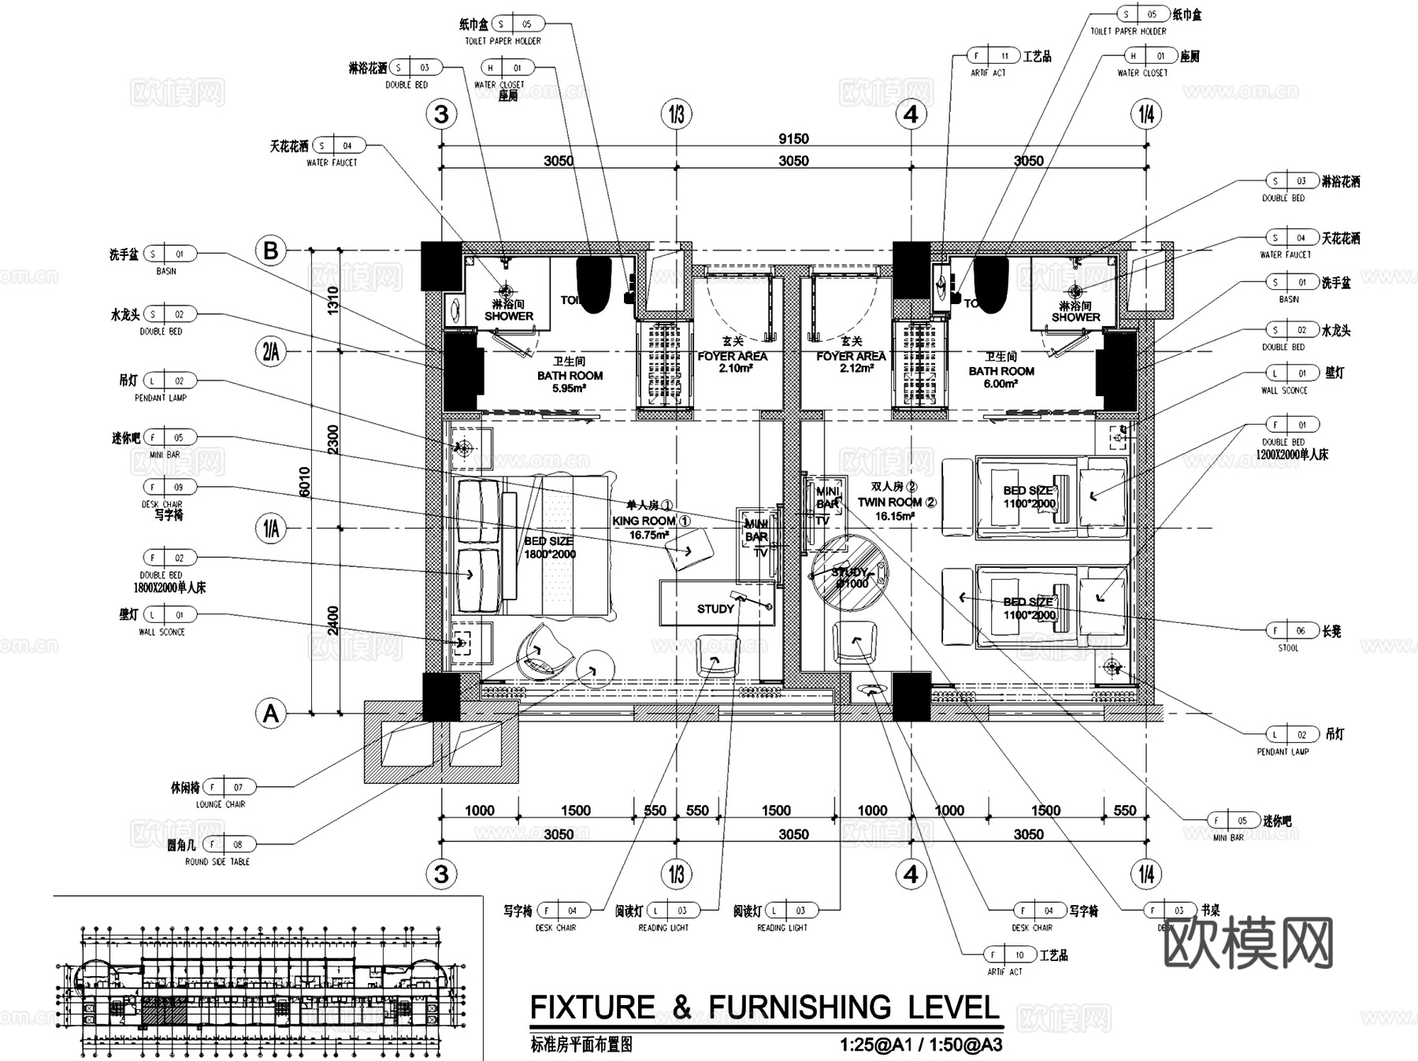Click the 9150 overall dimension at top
(x=793, y=139)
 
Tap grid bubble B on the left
(x=271, y=250)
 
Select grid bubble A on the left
(x=271, y=714)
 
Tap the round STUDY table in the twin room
(x=849, y=573)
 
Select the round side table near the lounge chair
(x=595, y=670)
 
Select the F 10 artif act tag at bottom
(x=1009, y=955)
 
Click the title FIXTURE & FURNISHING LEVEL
(x=764, y=1008)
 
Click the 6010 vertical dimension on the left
(x=305, y=482)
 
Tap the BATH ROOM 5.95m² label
(x=570, y=376)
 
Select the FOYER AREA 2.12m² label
(x=851, y=357)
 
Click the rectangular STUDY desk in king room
(x=716, y=604)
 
